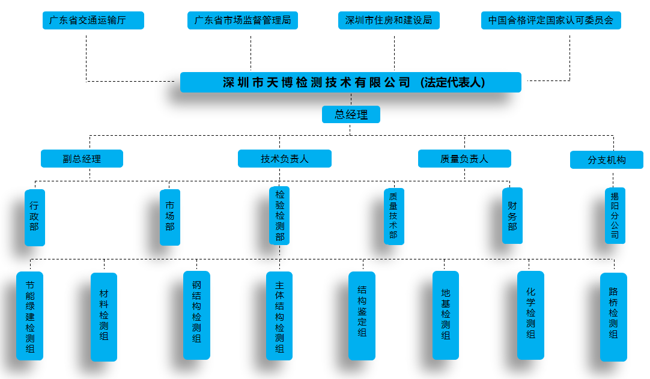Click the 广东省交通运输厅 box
coord(93,20)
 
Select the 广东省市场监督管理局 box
coord(243,20)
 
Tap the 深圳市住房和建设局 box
coord(389,20)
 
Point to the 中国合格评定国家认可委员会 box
coord(551,20)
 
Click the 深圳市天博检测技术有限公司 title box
coord(350,82)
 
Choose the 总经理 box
coord(351,114)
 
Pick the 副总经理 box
coord(82,159)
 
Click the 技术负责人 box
coord(285,159)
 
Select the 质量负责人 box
coord(464,159)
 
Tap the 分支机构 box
coord(607,160)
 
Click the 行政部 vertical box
coord(34,217)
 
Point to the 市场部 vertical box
coord(170,217)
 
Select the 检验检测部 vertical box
coord(280,216)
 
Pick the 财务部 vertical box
coord(512,216)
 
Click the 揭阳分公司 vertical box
coord(615,216)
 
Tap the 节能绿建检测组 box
coord(30,316)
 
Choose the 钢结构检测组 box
coord(196,315)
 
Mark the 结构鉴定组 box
coord(362,315)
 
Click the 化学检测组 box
coord(530,315)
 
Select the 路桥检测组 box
coord(613,317)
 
